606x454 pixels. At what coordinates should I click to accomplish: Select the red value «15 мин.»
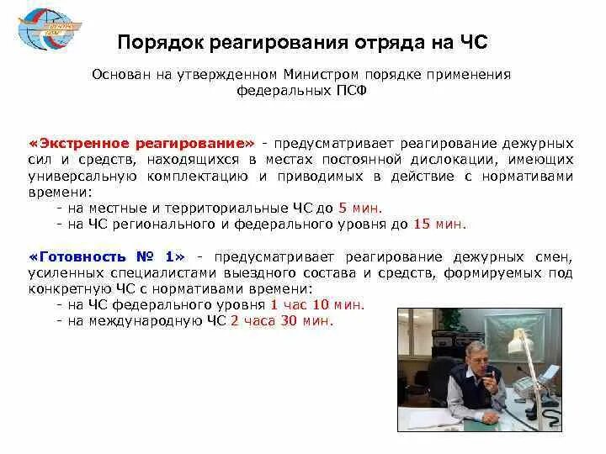439,224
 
